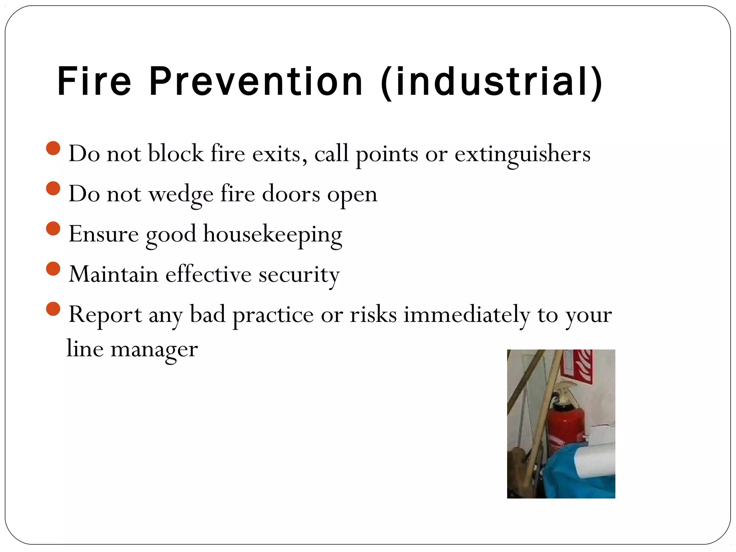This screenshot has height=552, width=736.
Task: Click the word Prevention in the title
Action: (256, 82)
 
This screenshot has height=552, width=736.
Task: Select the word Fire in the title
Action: (95, 82)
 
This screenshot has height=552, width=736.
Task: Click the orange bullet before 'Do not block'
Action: (53, 148)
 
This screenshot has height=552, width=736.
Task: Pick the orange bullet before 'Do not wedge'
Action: (53, 188)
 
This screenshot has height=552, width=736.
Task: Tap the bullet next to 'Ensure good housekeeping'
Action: (53, 229)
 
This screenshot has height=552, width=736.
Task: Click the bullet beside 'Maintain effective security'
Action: (53, 269)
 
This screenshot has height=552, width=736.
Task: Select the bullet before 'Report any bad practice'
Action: (53, 309)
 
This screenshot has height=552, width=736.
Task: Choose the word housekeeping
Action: (272, 235)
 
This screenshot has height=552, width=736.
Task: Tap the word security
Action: (299, 275)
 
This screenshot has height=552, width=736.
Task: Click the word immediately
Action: (466, 315)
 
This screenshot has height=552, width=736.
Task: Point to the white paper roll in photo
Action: (595, 464)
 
